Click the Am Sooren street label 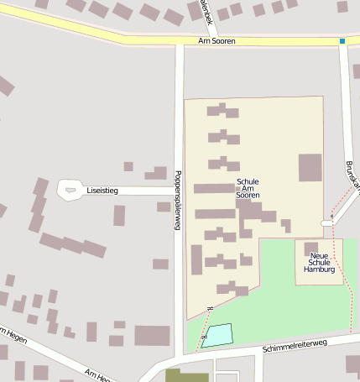(217, 40)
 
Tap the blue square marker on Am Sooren (342, 40)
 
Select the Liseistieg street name (103, 191)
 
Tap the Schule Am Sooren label (248, 188)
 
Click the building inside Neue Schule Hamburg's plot (310, 248)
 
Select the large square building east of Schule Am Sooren (310, 168)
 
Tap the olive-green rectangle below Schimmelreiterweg (186, 375)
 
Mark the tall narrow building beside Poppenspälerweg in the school (196, 259)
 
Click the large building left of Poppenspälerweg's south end (152, 336)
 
